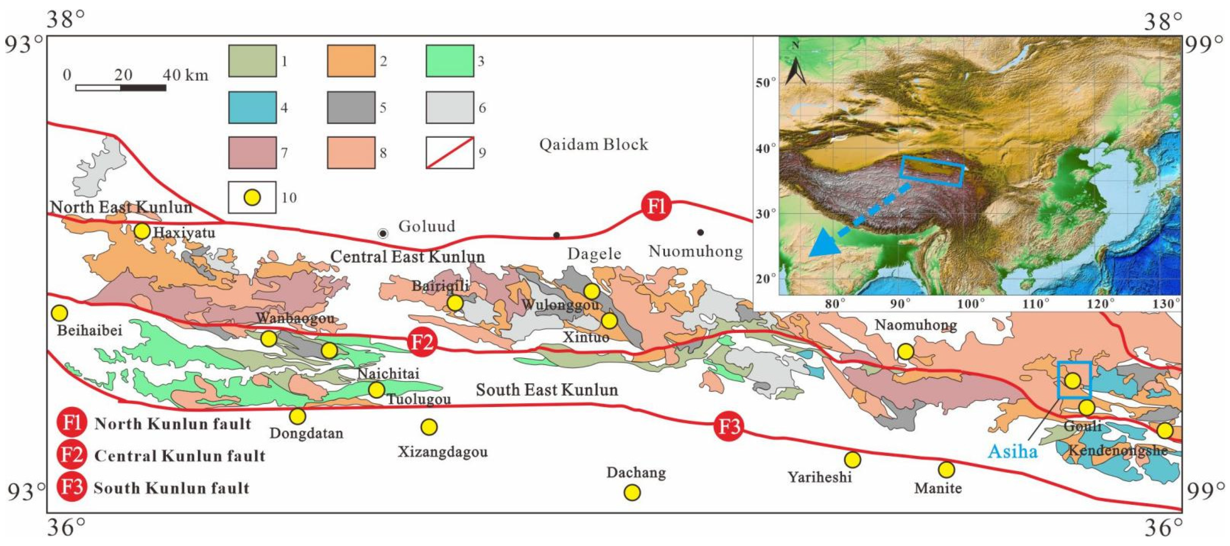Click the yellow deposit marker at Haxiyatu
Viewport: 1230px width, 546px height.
tap(142, 231)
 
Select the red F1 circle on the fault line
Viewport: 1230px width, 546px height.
tap(656, 206)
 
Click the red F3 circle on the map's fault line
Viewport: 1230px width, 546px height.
tap(729, 426)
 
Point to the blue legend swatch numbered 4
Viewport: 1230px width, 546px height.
tap(252, 107)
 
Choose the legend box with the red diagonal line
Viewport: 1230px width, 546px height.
tap(450, 153)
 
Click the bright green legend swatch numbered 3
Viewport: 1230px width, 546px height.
tap(450, 61)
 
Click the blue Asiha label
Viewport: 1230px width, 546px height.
tap(1012, 451)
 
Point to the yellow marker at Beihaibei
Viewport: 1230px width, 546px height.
tap(59, 313)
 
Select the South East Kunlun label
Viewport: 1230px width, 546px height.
tap(547, 390)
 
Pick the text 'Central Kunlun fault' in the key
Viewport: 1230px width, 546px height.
tap(180, 456)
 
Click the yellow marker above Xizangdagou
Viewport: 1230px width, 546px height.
tap(429, 427)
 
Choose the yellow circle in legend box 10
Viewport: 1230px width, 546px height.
tap(252, 197)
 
